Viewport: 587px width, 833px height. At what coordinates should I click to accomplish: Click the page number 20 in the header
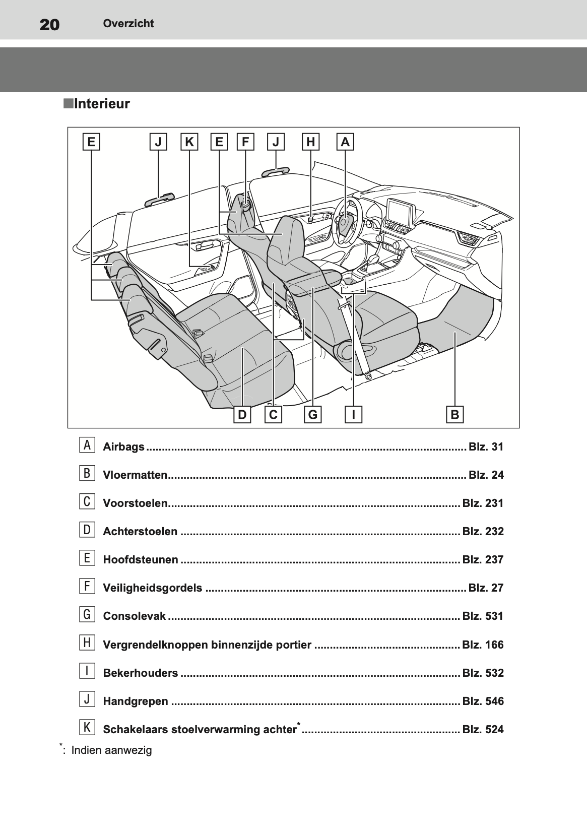(x=49, y=24)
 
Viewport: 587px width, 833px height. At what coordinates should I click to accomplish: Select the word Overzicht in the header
(x=128, y=23)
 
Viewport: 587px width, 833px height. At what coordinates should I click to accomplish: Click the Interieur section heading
(x=101, y=104)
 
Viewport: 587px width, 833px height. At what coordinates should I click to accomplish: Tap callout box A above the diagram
(x=345, y=142)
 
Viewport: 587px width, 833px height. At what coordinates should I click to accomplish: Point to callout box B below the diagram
(x=454, y=414)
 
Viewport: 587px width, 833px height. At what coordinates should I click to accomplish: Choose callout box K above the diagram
(x=189, y=142)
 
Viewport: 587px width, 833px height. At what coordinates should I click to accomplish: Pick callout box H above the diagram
(x=310, y=142)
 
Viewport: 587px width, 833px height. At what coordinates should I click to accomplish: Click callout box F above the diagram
(x=245, y=142)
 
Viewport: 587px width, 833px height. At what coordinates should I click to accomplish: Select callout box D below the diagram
(x=242, y=414)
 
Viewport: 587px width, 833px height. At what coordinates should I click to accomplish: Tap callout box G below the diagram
(x=313, y=414)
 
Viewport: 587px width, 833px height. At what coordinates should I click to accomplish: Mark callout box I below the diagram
(x=354, y=414)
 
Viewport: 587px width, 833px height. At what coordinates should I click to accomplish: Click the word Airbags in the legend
(x=123, y=447)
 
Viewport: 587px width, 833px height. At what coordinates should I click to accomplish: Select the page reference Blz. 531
(x=483, y=616)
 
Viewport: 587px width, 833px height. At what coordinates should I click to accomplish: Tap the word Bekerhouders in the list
(x=140, y=673)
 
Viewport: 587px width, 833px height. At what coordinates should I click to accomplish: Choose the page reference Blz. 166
(x=483, y=645)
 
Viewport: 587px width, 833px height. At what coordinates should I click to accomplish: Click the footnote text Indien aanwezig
(x=111, y=750)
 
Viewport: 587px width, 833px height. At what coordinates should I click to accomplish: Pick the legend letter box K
(x=87, y=728)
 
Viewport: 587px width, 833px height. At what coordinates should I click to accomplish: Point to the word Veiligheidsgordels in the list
(x=152, y=588)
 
